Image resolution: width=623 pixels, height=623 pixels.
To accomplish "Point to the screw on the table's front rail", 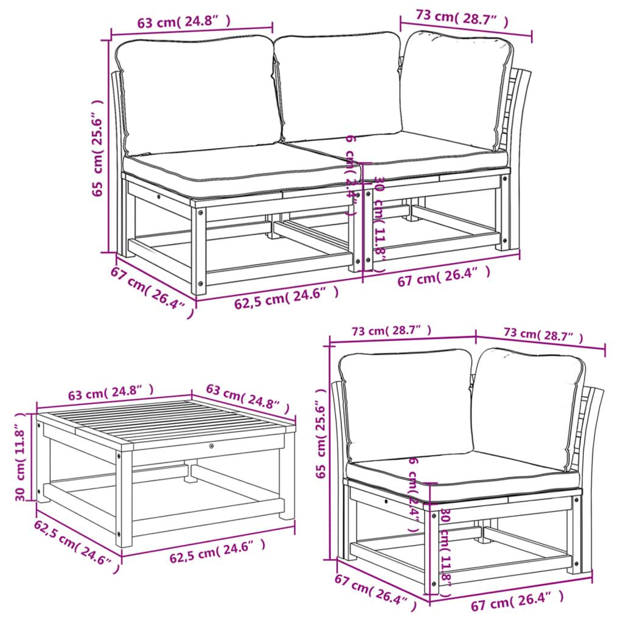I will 211,447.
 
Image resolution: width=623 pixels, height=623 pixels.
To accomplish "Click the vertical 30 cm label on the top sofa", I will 379,216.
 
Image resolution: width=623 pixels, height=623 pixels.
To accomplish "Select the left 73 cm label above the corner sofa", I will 391,331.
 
